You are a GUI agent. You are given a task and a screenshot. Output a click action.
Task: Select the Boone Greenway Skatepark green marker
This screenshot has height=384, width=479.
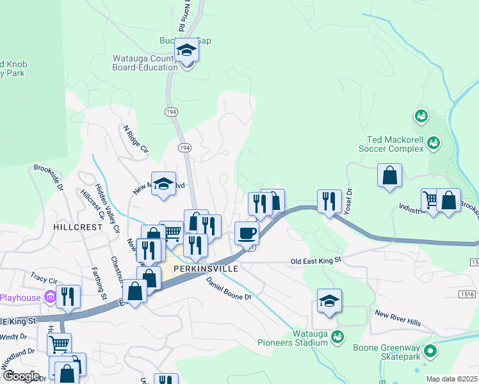430,351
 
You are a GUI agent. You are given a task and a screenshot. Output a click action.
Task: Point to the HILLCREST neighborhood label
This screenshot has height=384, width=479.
78,227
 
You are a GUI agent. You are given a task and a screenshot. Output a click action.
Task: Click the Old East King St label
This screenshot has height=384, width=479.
316,261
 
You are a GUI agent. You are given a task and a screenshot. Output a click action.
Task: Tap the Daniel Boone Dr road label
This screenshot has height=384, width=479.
230,287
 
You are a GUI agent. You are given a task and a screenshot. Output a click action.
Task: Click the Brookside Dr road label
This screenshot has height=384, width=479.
49,179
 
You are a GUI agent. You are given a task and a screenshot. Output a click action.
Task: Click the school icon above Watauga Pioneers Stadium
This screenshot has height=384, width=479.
329,300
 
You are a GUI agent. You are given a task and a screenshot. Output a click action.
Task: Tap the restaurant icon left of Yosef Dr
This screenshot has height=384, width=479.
329,200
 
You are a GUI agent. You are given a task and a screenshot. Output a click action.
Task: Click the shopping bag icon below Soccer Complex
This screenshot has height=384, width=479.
389,175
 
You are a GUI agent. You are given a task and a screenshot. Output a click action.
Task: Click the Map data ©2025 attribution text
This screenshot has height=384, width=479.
451,379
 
